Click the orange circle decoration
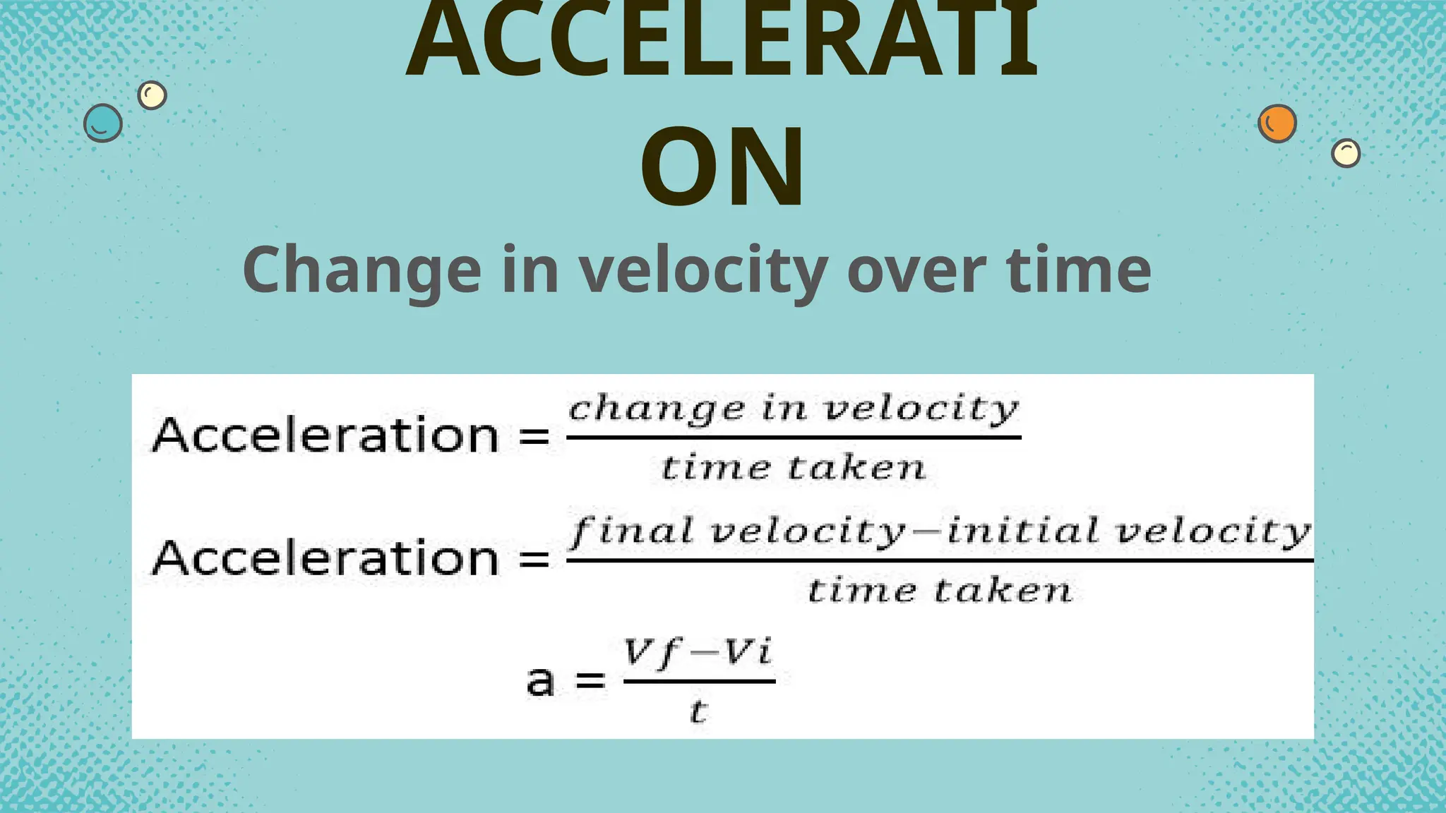pyautogui.click(x=1277, y=124)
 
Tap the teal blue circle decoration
pyautogui.click(x=103, y=124)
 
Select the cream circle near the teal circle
pyautogui.click(x=152, y=95)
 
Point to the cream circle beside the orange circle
pyautogui.click(x=1346, y=152)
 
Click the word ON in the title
pyautogui.click(x=722, y=167)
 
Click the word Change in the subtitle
pyautogui.click(x=361, y=270)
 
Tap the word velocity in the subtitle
pyautogui.click(x=704, y=270)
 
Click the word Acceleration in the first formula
pyautogui.click(x=326, y=435)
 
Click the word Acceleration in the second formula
pyautogui.click(x=326, y=558)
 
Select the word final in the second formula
pyautogui.click(x=633, y=531)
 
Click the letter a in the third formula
pyautogui.click(x=541, y=681)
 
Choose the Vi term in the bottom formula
pyautogui.click(x=748, y=652)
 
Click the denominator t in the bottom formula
pyautogui.click(x=698, y=711)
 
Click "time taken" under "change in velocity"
pyautogui.click(x=794, y=468)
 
